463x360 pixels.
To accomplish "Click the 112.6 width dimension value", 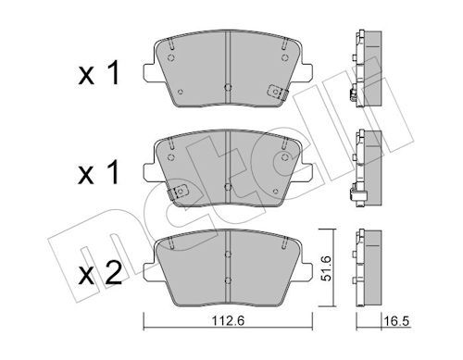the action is tap(228, 321).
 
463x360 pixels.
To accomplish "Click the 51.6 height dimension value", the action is tap(326, 268).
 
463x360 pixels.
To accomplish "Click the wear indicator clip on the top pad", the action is tap(277, 92).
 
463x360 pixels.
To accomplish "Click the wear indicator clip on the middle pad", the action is tap(178, 192).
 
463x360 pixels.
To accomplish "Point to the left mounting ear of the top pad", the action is tap(152, 73).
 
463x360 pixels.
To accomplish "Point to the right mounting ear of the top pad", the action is tap(304, 73).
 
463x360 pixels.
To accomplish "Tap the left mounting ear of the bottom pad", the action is tap(152, 272).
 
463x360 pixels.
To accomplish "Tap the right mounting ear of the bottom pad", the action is tap(304, 272).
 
